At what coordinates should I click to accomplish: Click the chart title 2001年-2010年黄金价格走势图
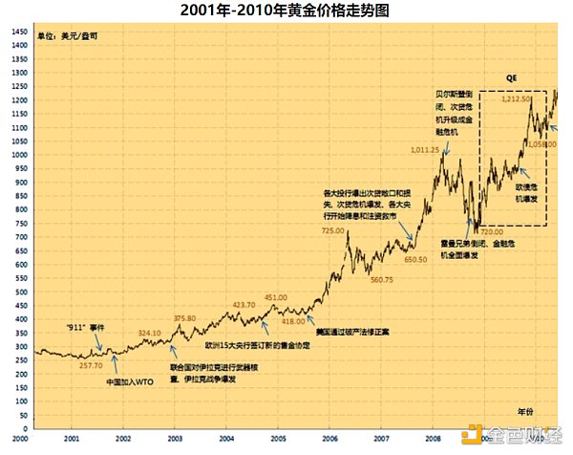(x=286, y=11)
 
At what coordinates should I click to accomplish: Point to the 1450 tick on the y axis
(x=18, y=32)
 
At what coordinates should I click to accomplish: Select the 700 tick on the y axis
(x=20, y=235)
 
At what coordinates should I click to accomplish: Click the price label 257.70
(x=91, y=365)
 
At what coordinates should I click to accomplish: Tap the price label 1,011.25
(x=425, y=149)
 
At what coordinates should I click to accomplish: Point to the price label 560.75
(x=382, y=280)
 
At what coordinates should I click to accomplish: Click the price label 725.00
(x=332, y=230)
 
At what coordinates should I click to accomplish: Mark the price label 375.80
(x=184, y=318)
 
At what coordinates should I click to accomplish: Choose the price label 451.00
(x=275, y=297)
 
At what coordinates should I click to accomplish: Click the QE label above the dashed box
(x=511, y=76)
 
